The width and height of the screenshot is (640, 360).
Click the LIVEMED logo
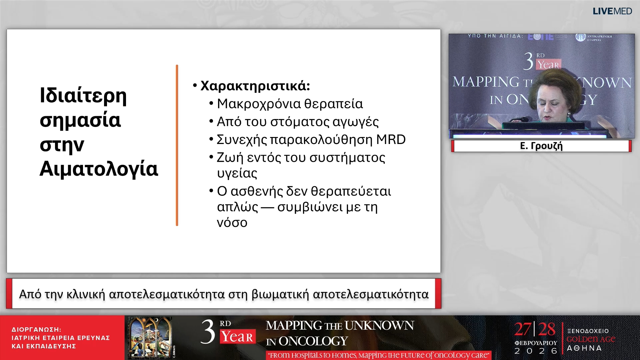(612, 11)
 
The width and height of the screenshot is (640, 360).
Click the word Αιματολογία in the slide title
(99, 169)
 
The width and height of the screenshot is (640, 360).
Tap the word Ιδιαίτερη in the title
(83, 95)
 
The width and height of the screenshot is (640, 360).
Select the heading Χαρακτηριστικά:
(255, 86)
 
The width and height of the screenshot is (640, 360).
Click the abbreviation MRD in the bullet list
(391, 140)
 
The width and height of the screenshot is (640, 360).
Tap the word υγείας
(237, 173)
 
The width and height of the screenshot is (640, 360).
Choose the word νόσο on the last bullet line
(232, 223)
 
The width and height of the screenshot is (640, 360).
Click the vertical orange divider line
(177, 145)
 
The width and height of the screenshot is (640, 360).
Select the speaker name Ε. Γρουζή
(541, 146)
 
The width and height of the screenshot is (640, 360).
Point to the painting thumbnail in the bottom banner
(150, 337)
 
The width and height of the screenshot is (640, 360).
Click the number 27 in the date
(522, 329)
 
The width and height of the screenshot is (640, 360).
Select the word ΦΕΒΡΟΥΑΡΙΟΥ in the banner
(536, 343)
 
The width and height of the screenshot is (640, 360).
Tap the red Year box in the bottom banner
(237, 337)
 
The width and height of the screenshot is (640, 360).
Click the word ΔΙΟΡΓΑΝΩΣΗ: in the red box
(36, 330)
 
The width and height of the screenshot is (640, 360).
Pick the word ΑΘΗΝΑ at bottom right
(584, 348)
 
